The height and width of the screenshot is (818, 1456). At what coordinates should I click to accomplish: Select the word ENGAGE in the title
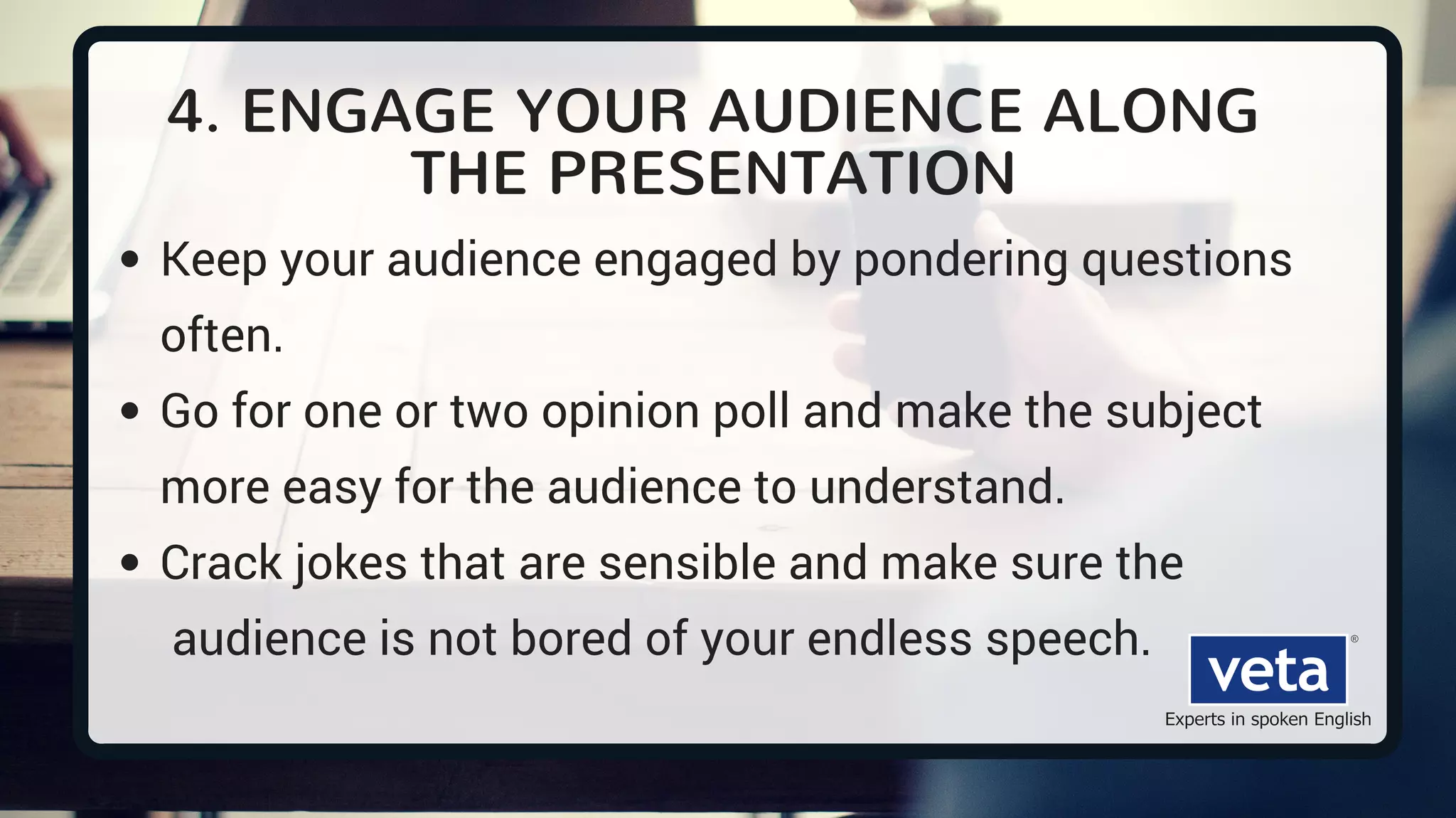[368, 112]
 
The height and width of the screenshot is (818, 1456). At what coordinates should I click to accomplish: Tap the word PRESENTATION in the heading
[781, 174]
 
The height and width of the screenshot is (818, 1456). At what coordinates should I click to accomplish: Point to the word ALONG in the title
[1150, 112]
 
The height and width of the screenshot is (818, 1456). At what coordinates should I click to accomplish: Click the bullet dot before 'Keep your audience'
[129, 260]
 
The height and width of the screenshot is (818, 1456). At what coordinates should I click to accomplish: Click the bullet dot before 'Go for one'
[129, 411]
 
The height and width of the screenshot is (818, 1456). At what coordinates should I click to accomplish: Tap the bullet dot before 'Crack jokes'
[129, 563]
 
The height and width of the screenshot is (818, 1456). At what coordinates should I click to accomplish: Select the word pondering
[960, 260]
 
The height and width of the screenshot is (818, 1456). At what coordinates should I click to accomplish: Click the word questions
[1186, 260]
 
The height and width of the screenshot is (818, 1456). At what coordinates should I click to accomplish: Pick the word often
[221, 336]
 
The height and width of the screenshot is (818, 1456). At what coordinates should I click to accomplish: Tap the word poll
[751, 412]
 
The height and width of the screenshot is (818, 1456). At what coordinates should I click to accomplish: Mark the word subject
[1183, 412]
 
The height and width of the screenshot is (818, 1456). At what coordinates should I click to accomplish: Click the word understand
[936, 487]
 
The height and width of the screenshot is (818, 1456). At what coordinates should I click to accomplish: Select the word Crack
[221, 563]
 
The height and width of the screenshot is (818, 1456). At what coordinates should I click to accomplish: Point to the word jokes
[351, 563]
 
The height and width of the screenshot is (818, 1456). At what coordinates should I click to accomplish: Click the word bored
[571, 639]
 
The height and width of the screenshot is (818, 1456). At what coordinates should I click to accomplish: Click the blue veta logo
[1268, 670]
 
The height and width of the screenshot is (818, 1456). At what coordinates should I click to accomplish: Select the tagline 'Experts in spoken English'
[1268, 719]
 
